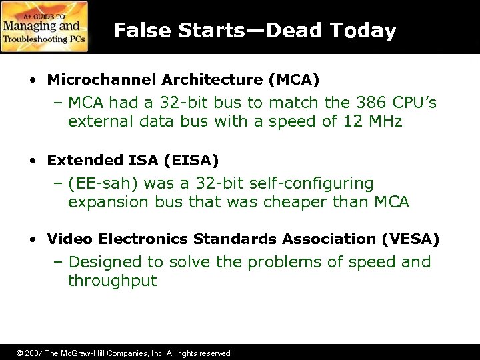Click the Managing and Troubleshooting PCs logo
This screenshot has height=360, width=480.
coord(44,27)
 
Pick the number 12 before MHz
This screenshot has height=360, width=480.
coord(350,123)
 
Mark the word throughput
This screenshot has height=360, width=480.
coord(112,281)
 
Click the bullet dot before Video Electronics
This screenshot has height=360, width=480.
coord(33,239)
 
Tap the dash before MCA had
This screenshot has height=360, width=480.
coord(58,103)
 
